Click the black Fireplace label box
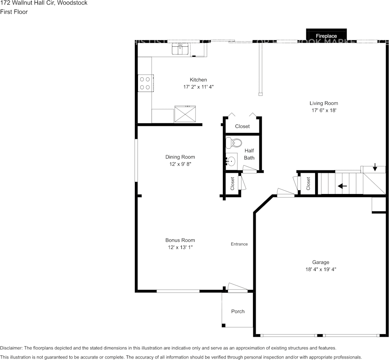coord(327,35)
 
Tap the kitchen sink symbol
coord(180,49)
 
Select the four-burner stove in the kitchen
coord(145,83)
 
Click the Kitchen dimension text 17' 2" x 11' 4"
coord(198,87)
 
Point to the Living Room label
coord(323,103)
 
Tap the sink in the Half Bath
coord(231,161)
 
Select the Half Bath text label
coord(249,154)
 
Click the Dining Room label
coord(180,157)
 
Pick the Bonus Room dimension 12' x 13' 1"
coord(180,247)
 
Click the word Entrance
coord(239,244)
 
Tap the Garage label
coord(320,262)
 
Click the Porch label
coord(238,311)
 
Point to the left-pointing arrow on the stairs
coord(342,186)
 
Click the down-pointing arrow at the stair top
coord(375,167)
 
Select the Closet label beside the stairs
coord(308,183)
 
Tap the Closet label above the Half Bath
coord(242,126)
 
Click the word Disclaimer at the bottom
coord(11,348)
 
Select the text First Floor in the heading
coord(14,12)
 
